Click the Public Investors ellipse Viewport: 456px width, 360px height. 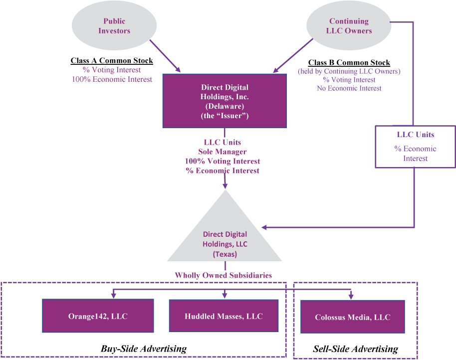tap(114, 26)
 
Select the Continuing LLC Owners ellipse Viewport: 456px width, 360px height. tap(349, 26)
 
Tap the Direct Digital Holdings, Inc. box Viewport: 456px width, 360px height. tap(225, 101)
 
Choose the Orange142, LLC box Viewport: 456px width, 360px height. tap(97, 316)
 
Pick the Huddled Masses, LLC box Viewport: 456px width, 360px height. tap(224, 316)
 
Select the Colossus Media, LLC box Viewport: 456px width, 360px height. tap(352, 317)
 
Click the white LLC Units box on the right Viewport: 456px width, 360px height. tap(415, 146)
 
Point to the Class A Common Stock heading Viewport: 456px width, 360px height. tap(112, 61)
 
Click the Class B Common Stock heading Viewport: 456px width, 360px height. tap(349, 63)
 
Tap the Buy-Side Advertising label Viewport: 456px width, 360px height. tap(144, 349)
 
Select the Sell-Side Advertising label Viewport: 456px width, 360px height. tap(355, 349)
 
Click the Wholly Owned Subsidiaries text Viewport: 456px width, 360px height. tap(223, 275)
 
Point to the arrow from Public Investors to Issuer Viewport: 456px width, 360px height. tap(166, 55)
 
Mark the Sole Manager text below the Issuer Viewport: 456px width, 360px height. tap(223, 152)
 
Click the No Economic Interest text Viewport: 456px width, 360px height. tap(349, 88)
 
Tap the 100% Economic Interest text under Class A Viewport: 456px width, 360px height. tap(112, 79)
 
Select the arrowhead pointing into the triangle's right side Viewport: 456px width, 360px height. tap(265, 227)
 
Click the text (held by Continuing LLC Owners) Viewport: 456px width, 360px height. tap(349, 71)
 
